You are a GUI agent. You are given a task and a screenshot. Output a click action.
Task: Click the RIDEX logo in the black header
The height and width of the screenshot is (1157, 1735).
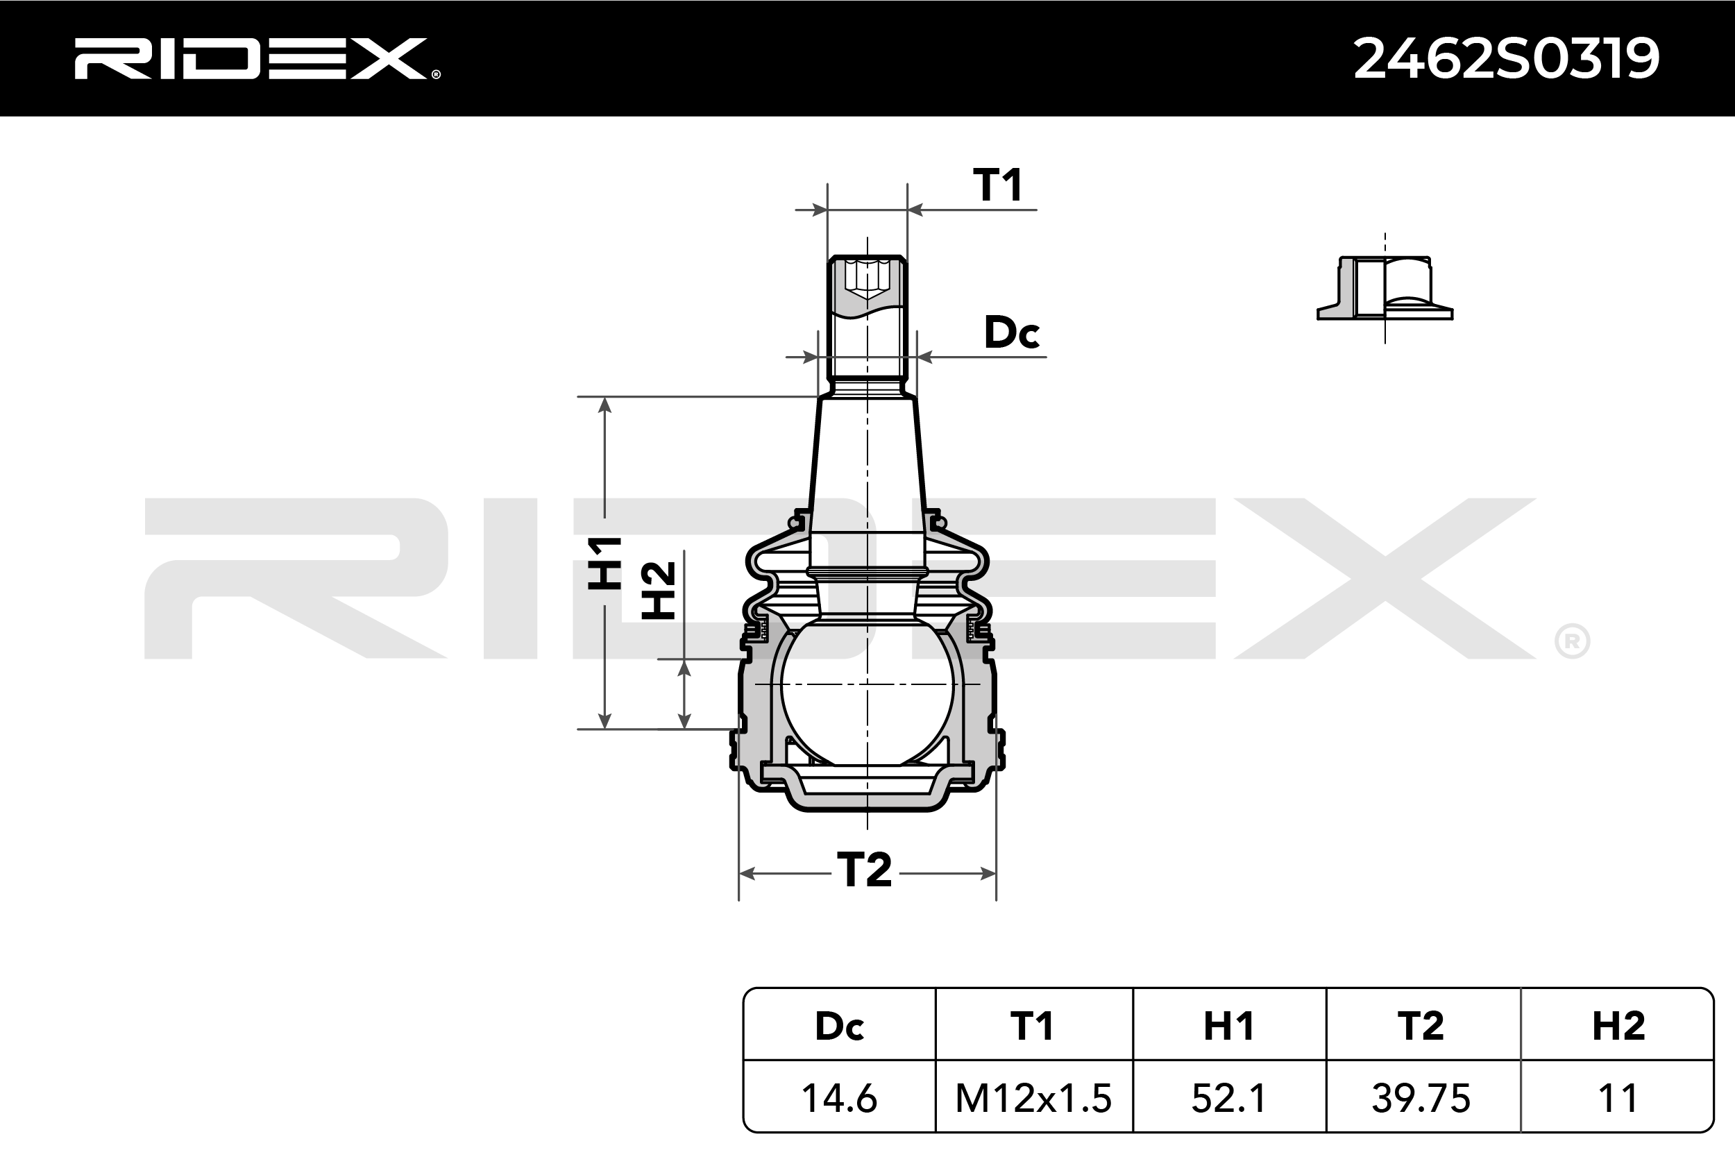(x=257, y=58)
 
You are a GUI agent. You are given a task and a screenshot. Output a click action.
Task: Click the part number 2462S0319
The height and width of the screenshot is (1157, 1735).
(x=1506, y=59)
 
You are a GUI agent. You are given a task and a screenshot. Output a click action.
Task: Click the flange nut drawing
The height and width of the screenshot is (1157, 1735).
(x=1385, y=288)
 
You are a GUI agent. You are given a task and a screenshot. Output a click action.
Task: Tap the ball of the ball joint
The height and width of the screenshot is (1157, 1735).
(x=867, y=690)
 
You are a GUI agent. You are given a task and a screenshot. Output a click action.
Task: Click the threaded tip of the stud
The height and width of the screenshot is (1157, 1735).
(x=867, y=317)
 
